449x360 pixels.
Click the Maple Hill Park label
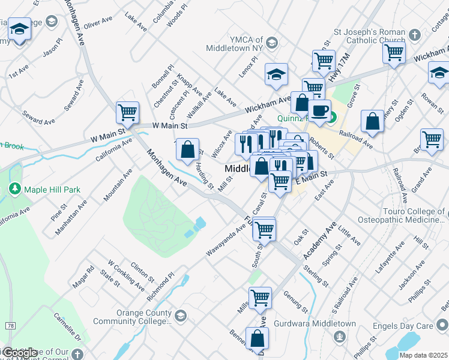(x=52, y=190)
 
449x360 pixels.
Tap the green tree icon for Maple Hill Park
(x=14, y=190)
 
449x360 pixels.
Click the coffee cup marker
(x=319, y=110)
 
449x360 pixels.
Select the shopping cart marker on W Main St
(x=127, y=112)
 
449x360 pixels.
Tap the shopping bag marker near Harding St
(x=188, y=148)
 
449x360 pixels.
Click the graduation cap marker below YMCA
(x=276, y=74)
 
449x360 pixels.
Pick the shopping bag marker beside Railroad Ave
(x=373, y=121)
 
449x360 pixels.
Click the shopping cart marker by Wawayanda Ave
(x=264, y=229)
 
